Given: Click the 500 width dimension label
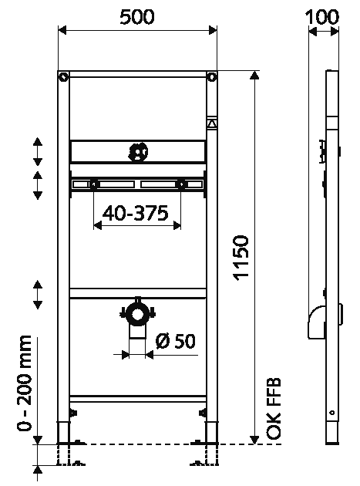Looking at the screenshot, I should coord(138,15).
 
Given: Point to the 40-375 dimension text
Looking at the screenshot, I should coord(138,214).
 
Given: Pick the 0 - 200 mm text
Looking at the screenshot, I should coord(25,383).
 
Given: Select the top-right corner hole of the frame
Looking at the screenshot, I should coord(212,76).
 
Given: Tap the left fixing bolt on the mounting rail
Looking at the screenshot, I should coord(94,184).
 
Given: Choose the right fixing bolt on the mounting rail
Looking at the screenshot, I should coord(182,184).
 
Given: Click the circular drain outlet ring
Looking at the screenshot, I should coord(138,313).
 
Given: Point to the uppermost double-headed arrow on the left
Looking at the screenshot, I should coord(37,151).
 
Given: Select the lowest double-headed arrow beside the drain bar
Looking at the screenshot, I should coord(37,295).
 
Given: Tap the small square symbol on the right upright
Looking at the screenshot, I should coord(212,122).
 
